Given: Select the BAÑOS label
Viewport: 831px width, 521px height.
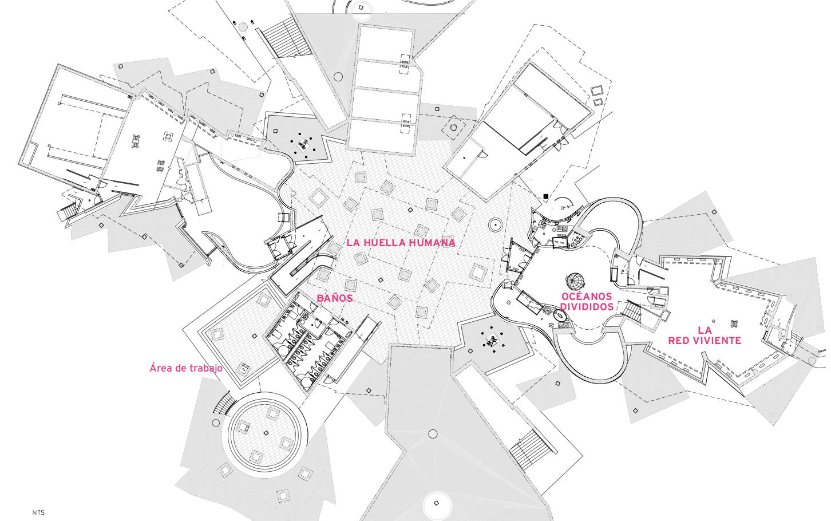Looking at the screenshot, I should [x=334, y=298].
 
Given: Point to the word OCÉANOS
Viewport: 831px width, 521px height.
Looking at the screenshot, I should [x=587, y=297].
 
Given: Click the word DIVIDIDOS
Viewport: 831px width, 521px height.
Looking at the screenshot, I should [x=587, y=307].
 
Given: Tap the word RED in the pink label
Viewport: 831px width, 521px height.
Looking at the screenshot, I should [x=678, y=341].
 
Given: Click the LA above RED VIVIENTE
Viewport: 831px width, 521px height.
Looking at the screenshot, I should [x=705, y=330].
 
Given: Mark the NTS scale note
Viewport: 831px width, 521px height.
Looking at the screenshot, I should [x=38, y=513].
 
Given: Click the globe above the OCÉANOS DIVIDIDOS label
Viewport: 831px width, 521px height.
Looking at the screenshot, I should [x=575, y=282].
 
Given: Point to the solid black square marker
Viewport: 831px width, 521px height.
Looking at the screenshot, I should [x=546, y=196].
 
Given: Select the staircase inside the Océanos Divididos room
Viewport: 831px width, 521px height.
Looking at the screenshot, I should [x=633, y=311].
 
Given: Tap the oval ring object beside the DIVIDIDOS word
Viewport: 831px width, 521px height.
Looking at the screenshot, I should [x=558, y=315].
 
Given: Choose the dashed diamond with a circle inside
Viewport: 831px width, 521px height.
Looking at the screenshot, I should [x=454, y=127].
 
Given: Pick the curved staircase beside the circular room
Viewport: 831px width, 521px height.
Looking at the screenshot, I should [x=223, y=403].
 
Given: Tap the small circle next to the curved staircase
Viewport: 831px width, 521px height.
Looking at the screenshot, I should [x=216, y=423].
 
